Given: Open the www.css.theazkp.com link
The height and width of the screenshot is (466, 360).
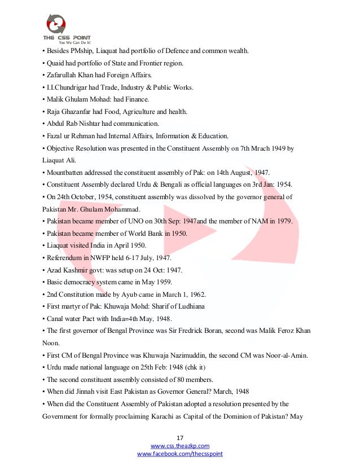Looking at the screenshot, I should click(x=181, y=446).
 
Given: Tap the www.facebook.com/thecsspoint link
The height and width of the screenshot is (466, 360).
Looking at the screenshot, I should click(x=181, y=454).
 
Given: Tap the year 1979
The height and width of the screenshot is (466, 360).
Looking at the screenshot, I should click(x=282, y=221).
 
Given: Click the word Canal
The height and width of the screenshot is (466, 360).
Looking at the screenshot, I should click(x=55, y=319).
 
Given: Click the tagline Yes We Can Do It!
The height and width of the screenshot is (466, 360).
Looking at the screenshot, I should click(x=74, y=42).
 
